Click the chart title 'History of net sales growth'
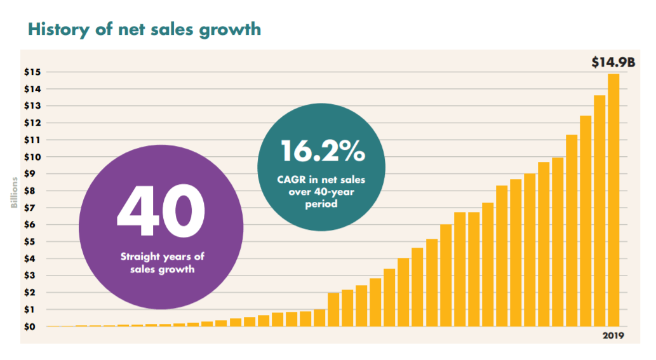(144, 29)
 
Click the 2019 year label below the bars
(613, 335)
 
